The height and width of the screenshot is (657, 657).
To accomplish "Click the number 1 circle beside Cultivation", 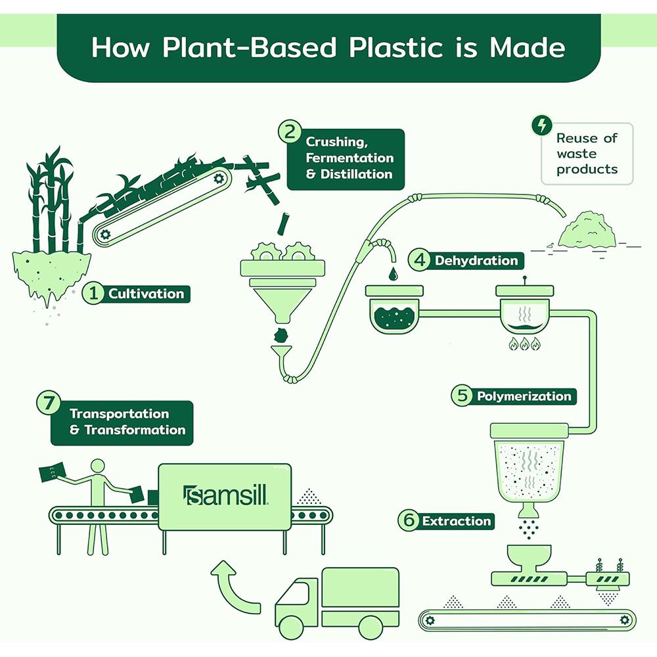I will click(94, 294).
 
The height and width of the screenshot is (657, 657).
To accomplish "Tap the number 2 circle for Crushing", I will click(290, 131).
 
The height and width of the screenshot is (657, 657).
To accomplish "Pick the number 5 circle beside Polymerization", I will click(461, 396).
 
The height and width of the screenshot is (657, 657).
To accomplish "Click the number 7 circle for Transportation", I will click(48, 403).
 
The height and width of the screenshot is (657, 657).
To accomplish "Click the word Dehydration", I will click(476, 261).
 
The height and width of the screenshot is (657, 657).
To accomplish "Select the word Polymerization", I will click(524, 396).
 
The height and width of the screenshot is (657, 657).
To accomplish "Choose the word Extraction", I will click(456, 521).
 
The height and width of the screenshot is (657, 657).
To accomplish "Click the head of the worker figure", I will click(97, 466).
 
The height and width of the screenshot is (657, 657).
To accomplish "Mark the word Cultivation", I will click(146, 294).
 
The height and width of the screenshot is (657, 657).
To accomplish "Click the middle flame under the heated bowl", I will click(524, 344).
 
